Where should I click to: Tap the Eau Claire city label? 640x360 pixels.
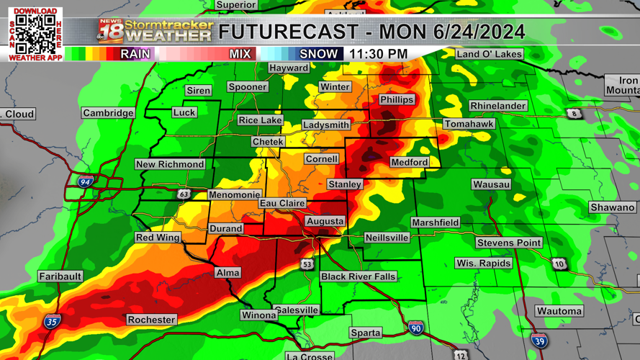282,204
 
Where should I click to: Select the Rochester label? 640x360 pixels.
151,320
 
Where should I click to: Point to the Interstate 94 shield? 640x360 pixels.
86,182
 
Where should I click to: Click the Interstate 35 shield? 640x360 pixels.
52,322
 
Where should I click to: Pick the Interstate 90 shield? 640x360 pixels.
416,328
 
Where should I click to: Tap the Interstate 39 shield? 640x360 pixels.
539,341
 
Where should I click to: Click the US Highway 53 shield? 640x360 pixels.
307,264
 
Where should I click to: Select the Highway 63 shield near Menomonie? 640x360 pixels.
184,194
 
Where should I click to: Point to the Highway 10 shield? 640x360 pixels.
559,264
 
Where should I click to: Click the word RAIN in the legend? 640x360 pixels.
135,54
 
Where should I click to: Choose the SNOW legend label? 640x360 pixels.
317,54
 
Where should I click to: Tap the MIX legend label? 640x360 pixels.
240,54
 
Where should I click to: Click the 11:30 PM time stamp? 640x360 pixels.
378,54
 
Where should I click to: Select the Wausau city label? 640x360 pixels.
491,184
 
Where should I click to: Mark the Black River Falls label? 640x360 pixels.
358,276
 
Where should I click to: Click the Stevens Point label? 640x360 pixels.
508,243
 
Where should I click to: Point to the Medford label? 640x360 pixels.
409,163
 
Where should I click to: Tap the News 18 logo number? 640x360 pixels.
109,32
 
